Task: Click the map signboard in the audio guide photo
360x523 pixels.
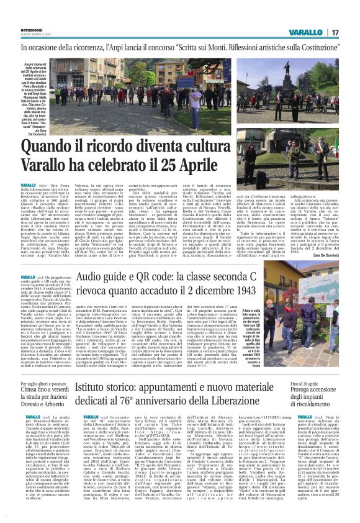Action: click(x=320, y=298)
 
